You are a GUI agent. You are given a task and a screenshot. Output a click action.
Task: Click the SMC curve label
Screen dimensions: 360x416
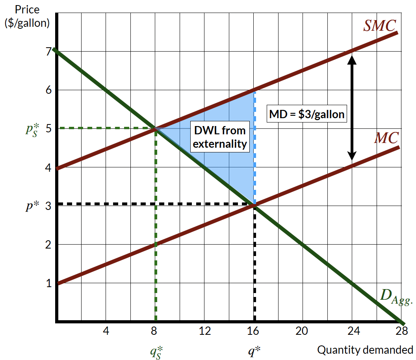(379, 26)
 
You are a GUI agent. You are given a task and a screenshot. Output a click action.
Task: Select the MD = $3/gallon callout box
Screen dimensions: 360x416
(307, 114)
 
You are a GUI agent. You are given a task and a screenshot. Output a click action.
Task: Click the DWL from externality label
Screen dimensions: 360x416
(220, 137)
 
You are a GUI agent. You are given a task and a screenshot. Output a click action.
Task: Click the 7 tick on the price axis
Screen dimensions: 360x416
(48, 52)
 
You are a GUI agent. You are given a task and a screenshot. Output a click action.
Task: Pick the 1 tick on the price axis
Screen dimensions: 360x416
(48, 283)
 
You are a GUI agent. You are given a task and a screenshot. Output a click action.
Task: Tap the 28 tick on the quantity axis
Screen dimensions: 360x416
(401, 331)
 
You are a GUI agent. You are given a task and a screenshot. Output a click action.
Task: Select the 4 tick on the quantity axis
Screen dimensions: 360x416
(106, 331)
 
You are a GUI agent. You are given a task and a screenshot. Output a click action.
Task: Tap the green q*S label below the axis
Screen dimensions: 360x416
(156, 351)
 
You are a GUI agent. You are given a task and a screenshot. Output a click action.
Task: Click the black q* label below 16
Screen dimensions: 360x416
(255, 351)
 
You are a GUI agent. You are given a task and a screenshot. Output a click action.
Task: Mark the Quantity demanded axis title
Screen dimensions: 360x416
(365, 349)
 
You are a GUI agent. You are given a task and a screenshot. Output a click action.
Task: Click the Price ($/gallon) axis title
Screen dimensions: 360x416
(27, 16)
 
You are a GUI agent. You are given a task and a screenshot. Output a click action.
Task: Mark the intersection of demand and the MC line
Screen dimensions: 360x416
(254, 204)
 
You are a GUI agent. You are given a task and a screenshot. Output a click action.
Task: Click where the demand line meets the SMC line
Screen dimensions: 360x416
(156, 128)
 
